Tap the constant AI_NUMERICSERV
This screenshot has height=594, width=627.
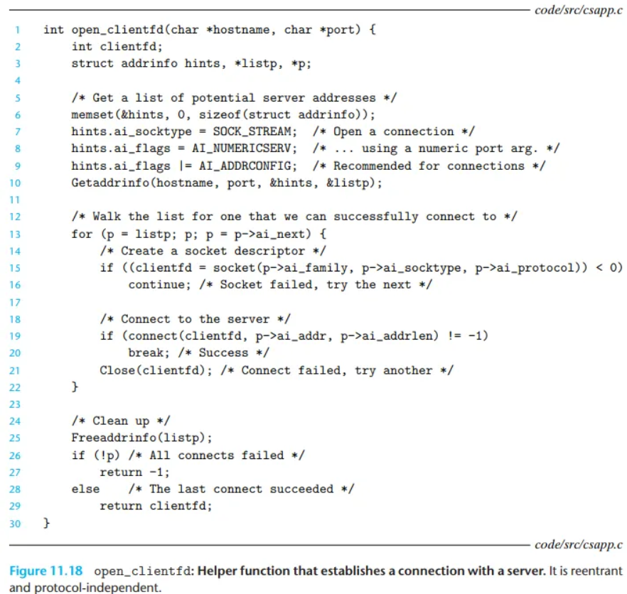point(241,148)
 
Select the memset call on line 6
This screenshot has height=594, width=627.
point(89,114)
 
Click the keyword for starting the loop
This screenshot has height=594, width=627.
point(82,234)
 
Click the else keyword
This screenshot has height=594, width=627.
point(85,489)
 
